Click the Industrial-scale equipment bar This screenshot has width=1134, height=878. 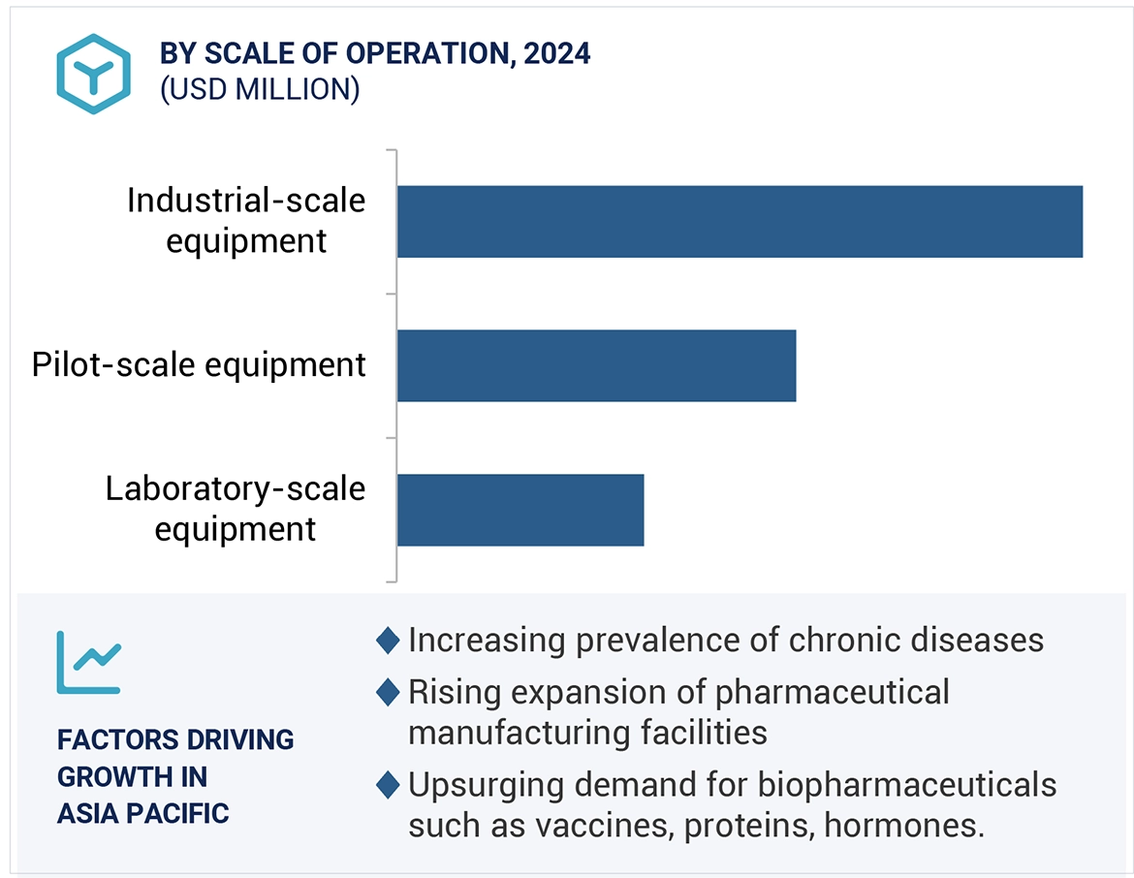click(739, 221)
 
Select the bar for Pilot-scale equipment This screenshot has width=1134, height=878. click(596, 365)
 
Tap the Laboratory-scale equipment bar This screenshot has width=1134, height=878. click(520, 510)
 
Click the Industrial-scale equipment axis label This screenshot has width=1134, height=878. click(246, 220)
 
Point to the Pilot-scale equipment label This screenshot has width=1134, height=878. click(199, 365)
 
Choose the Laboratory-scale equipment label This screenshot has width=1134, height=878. click(236, 509)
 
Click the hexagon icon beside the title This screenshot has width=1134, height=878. click(93, 74)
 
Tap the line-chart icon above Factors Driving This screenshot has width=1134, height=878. click(88, 662)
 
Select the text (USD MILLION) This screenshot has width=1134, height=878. click(260, 89)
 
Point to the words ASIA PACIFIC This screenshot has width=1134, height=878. click(142, 812)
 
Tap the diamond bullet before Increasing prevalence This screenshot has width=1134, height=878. click(388, 641)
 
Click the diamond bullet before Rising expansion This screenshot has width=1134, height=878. click(388, 692)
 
